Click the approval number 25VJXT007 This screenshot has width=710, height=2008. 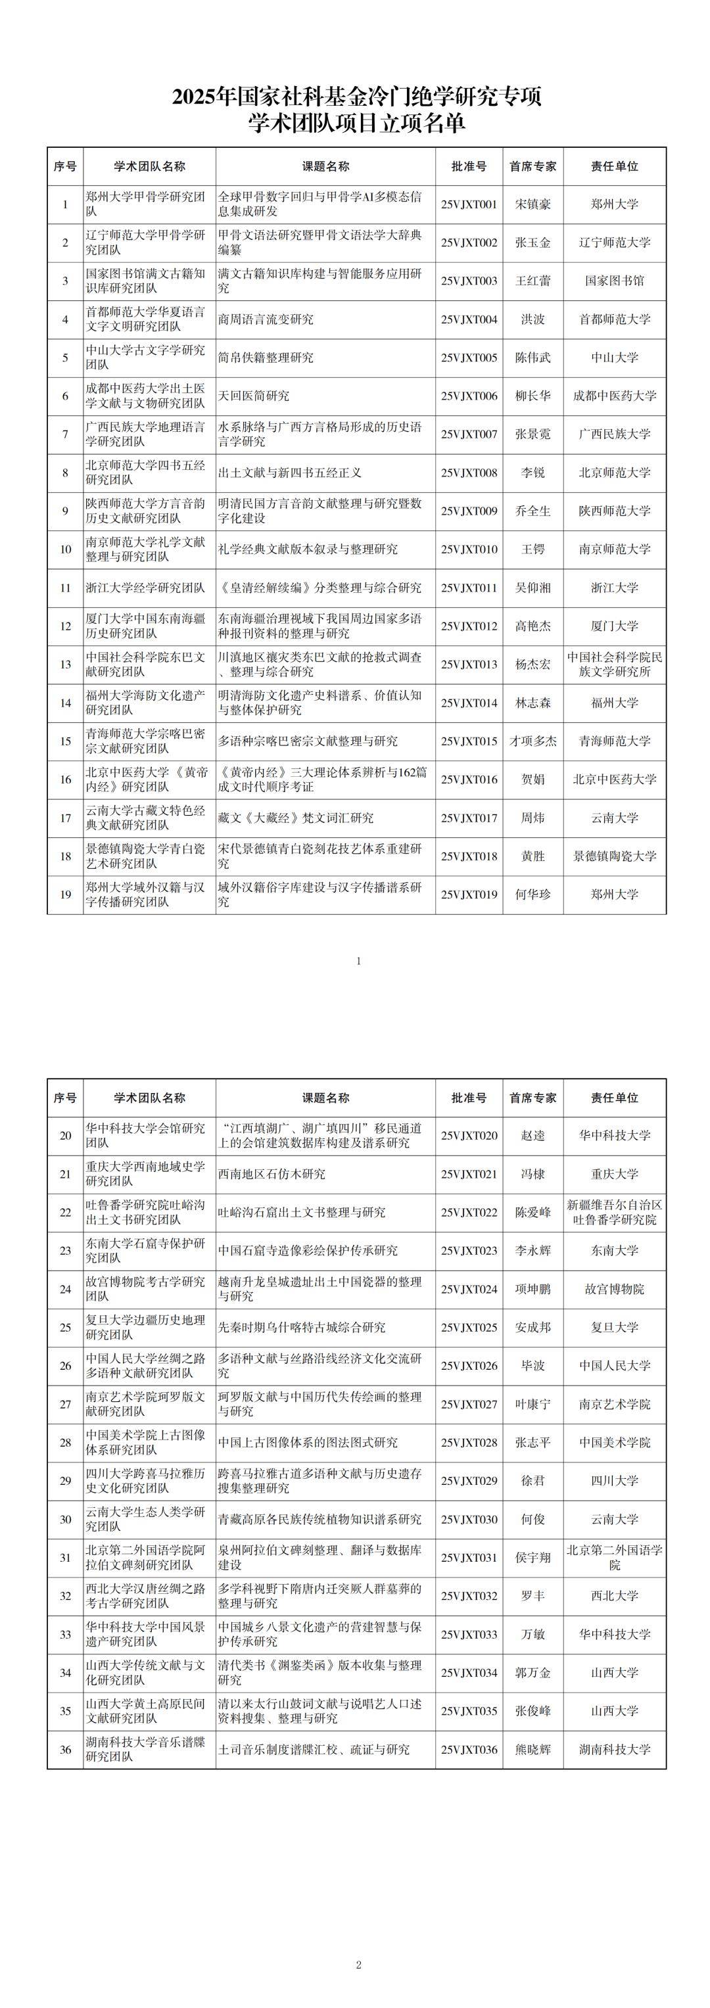[468, 434]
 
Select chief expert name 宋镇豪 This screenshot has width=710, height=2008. [533, 204]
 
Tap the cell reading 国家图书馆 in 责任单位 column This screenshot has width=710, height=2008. [614, 281]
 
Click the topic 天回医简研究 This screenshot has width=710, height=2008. [253, 396]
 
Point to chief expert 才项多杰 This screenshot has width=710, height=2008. [533, 741]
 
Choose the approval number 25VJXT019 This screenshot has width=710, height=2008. [468, 894]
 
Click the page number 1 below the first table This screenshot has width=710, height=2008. [358, 961]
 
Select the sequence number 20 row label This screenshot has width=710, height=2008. [66, 1136]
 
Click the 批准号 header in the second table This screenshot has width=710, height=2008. [468, 1098]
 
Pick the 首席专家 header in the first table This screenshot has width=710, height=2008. [533, 166]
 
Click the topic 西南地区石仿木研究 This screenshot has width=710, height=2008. [272, 1174]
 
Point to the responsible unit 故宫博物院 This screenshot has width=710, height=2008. [614, 1290]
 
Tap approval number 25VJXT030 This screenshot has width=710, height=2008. [468, 1519]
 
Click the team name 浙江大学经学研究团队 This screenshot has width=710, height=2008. [146, 588]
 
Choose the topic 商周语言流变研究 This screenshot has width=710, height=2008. [265, 319]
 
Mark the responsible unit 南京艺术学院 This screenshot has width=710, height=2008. [614, 1405]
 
